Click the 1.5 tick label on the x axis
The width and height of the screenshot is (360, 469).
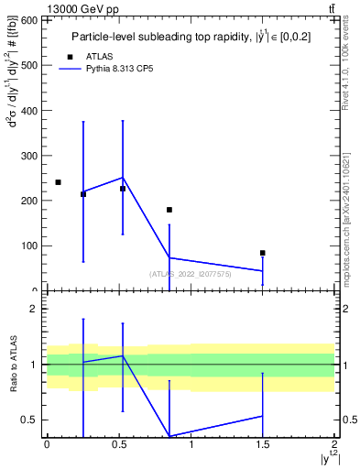click(262, 444)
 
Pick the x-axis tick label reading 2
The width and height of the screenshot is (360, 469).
click(334, 444)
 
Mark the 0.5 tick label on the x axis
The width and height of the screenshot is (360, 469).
click(118, 444)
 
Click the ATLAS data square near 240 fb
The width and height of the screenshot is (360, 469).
click(58, 182)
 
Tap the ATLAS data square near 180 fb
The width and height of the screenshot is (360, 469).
click(169, 210)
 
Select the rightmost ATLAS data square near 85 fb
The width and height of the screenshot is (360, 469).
click(263, 253)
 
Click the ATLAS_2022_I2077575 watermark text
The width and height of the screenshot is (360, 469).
click(191, 274)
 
